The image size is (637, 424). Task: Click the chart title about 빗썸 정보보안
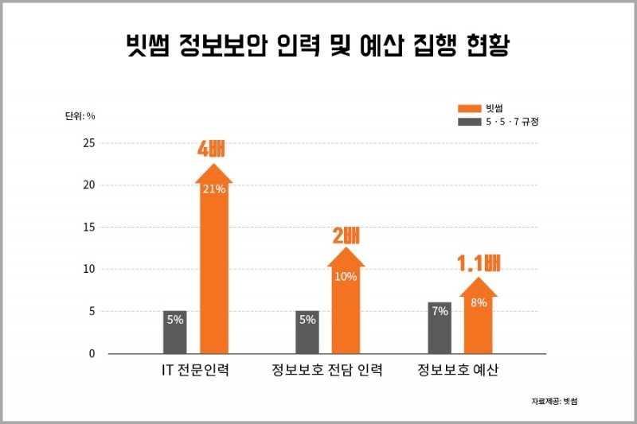coord(318,45)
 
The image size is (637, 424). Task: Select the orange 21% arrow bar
coord(213,263)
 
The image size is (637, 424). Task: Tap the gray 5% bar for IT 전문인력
coord(175,332)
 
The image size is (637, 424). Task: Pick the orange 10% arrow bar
coord(346,306)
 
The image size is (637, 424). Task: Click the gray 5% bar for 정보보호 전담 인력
coord(307,332)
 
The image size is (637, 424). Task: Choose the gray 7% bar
coord(440,327)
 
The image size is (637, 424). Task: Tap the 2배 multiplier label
coord(346,235)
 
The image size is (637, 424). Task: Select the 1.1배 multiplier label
coord(478,263)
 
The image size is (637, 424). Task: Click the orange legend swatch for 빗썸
coord(470,107)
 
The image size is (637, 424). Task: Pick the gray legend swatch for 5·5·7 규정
coord(470,122)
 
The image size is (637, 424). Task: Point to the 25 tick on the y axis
coord(88,143)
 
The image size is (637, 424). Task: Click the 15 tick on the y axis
coord(88,228)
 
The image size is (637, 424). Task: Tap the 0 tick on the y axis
coord(91,353)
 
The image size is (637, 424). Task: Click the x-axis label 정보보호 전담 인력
coord(326,371)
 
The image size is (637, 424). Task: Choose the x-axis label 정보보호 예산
coord(458,371)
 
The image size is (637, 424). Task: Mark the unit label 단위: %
coord(80,115)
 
